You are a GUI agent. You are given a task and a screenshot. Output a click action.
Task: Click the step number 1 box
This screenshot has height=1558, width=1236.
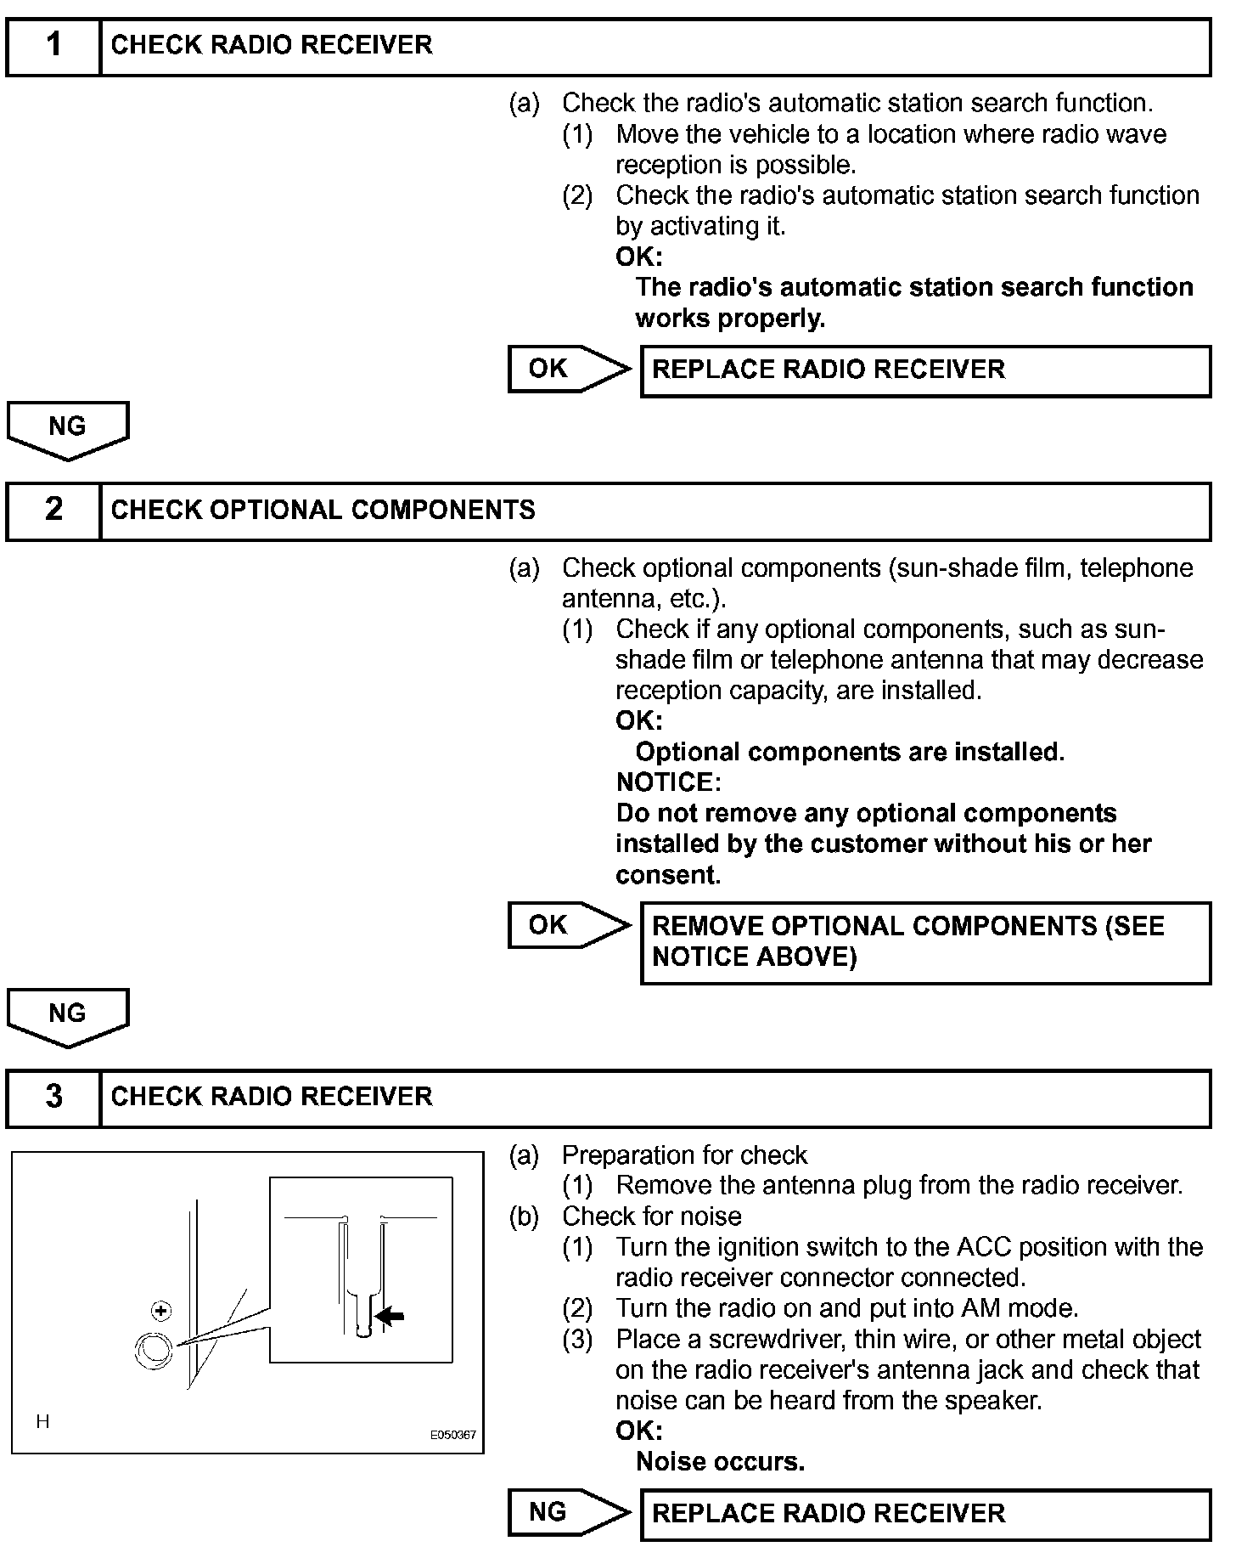coord(53,47)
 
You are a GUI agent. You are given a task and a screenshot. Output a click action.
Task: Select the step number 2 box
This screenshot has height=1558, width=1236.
coord(53,511)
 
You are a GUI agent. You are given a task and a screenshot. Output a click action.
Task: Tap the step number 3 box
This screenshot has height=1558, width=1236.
coord(53,1098)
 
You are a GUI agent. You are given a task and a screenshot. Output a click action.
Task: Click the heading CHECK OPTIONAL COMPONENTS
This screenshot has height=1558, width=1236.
coord(323,511)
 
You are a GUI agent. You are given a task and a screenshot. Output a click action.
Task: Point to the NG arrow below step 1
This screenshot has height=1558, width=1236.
coord(67,429)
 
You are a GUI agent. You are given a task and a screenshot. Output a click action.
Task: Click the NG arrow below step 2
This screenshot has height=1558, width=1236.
coord(67,1016)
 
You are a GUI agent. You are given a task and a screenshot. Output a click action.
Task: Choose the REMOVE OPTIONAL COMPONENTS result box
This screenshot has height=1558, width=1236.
coord(924,942)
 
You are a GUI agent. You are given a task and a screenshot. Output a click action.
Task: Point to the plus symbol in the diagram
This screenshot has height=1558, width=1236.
coord(160,1312)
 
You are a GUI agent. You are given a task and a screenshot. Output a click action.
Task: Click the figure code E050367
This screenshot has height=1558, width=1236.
coord(452,1435)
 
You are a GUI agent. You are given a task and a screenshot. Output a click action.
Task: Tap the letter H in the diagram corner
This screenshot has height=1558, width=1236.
coord(42,1421)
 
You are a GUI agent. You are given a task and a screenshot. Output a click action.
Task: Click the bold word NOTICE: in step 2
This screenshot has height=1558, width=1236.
coord(668,782)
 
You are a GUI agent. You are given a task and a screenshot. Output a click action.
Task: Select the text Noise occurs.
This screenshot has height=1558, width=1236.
coord(720,1462)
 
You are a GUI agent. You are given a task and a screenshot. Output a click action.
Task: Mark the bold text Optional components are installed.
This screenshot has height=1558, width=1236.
coord(849,752)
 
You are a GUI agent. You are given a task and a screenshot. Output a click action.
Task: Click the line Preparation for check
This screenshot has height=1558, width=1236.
coord(684,1155)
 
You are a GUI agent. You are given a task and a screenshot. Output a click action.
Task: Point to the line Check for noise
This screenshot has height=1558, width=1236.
coord(651,1216)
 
